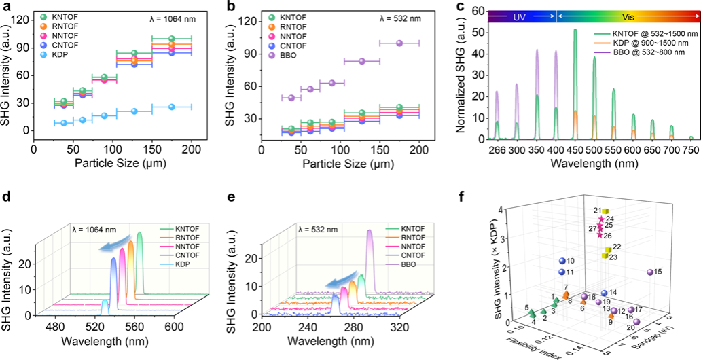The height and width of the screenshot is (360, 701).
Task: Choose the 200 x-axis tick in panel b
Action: tap(420, 144)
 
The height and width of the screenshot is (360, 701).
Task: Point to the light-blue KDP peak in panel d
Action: tap(105, 306)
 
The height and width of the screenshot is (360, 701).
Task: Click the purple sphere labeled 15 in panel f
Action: tap(649, 272)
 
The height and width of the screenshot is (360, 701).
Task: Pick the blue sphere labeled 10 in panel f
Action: tap(562, 261)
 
